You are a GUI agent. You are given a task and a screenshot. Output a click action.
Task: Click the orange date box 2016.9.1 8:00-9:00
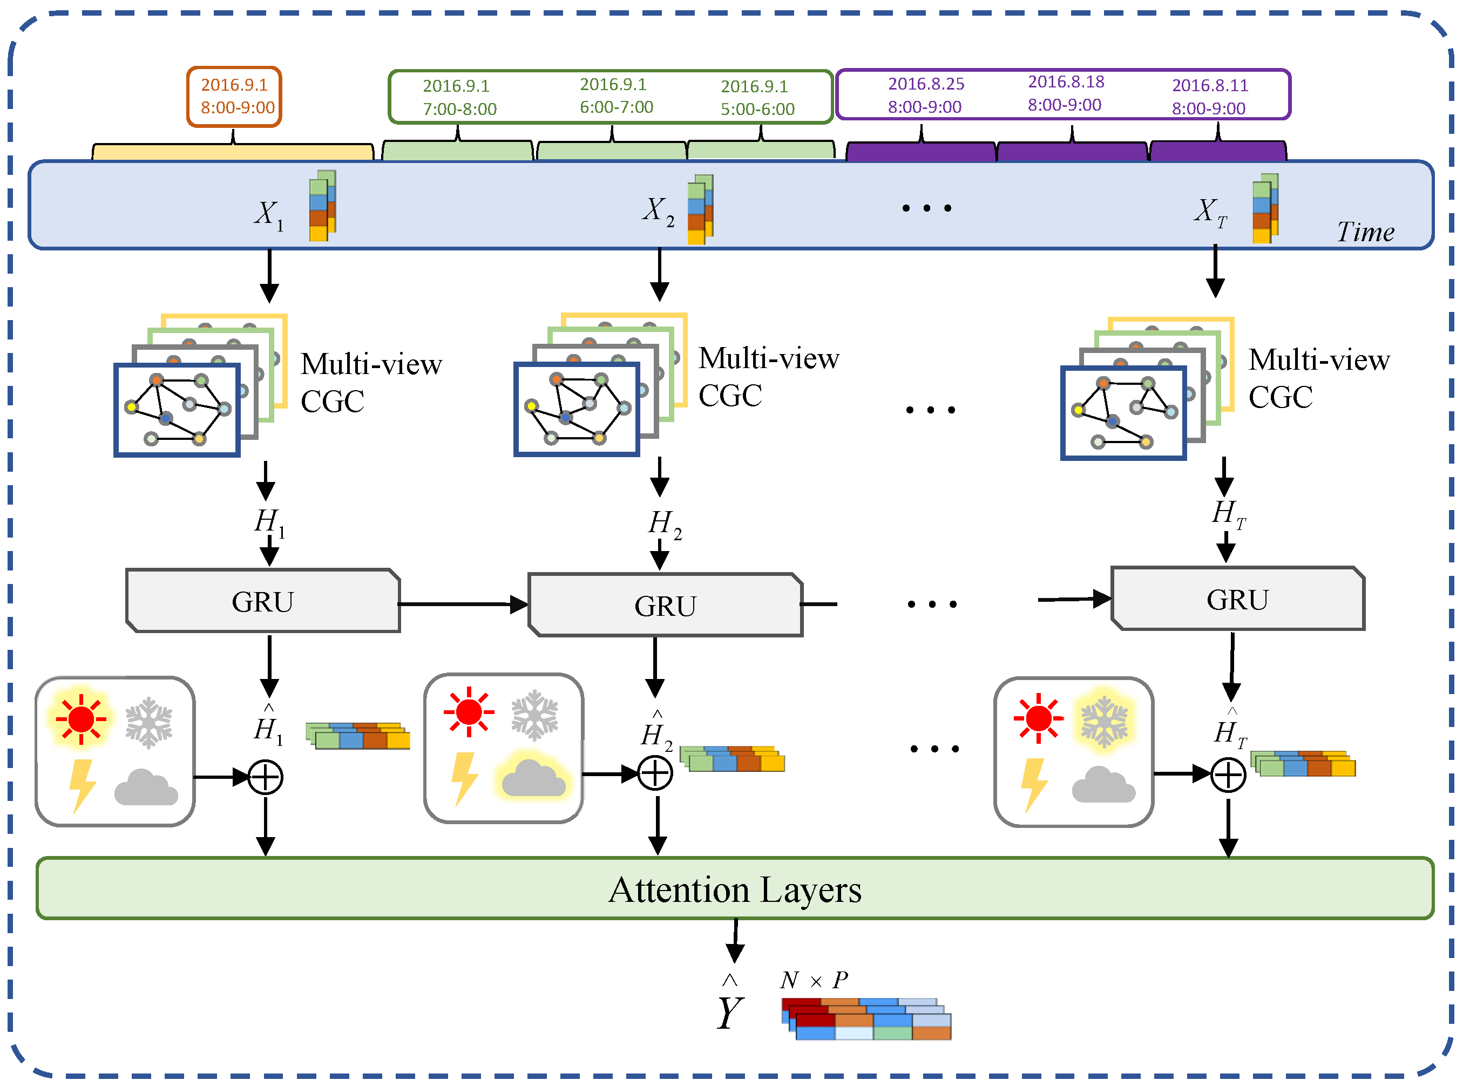[x=234, y=97]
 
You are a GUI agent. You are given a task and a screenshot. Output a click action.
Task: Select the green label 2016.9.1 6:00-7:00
[x=615, y=96]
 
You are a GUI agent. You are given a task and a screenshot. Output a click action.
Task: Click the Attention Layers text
[x=734, y=889]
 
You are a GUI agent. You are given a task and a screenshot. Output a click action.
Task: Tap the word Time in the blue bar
[x=1365, y=232]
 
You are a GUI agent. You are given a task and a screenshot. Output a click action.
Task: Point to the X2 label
[x=658, y=210]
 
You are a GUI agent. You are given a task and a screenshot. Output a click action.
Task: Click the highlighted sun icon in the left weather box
[x=81, y=718]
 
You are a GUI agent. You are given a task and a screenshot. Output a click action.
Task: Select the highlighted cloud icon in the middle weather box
[x=533, y=778]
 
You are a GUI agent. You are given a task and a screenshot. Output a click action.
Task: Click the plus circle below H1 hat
[x=265, y=777]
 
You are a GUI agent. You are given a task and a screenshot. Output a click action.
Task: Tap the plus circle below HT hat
[x=1228, y=774]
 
